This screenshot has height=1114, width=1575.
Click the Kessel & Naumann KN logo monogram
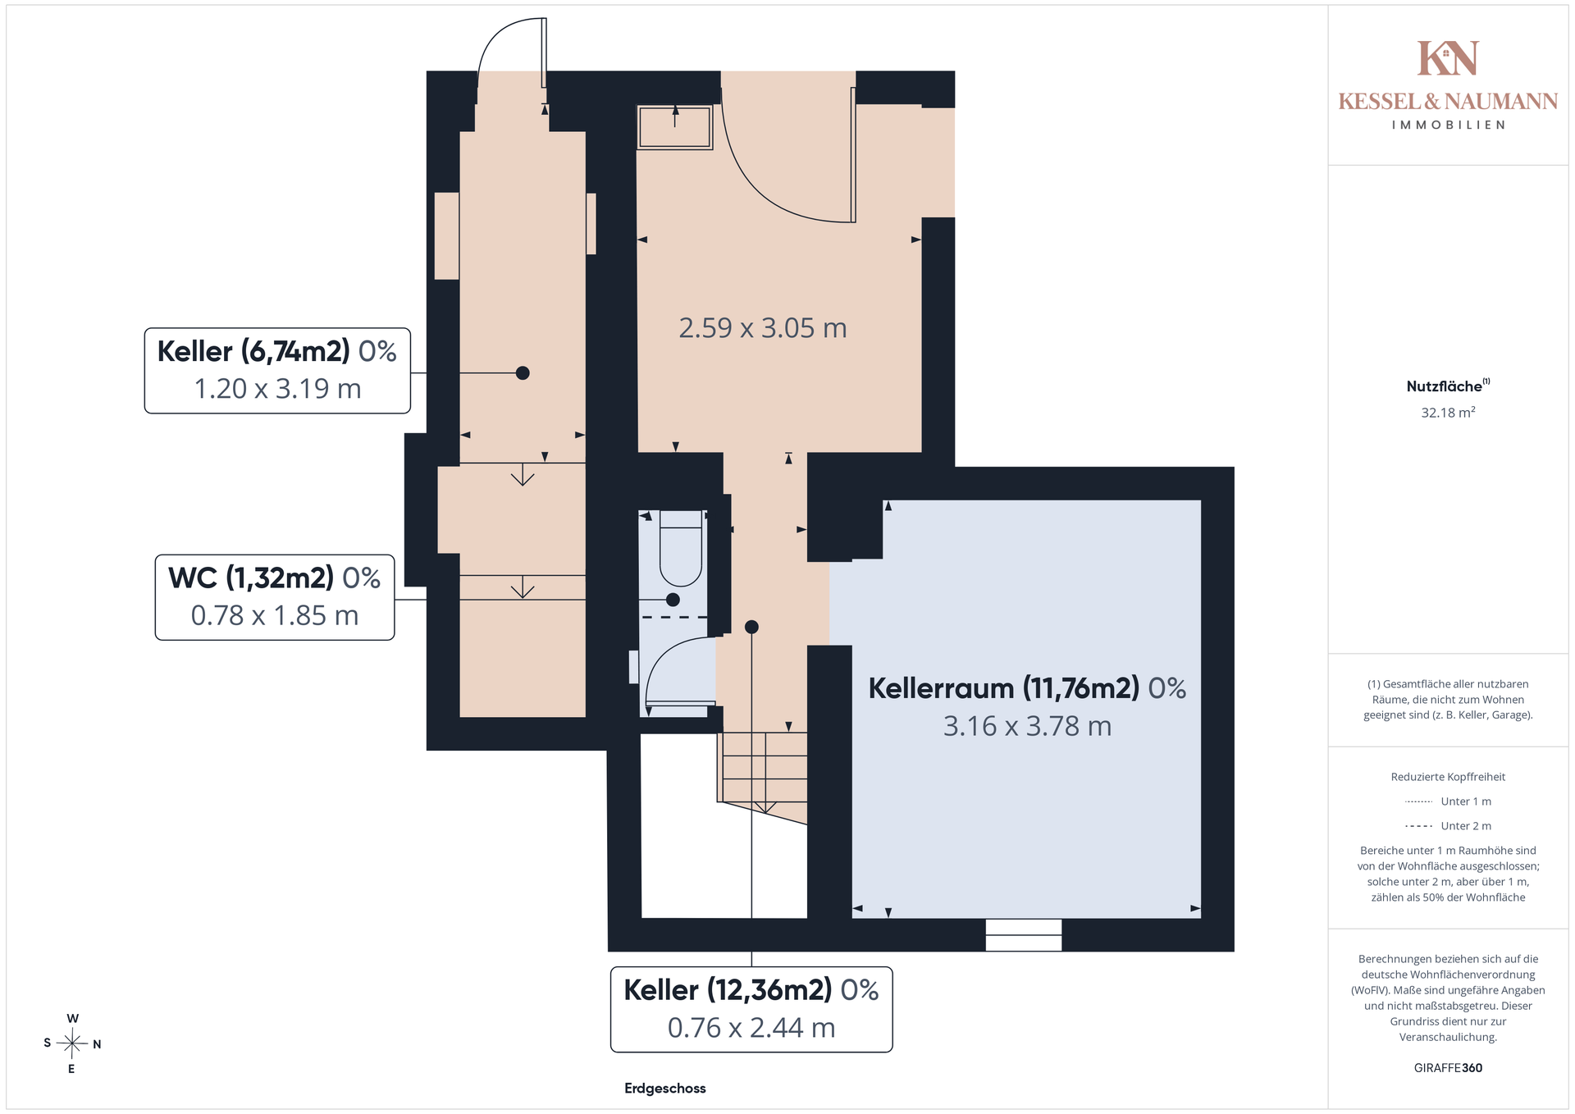[1448, 58]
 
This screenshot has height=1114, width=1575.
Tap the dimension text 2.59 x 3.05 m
[763, 328]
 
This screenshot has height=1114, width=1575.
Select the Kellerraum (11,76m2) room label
[1027, 688]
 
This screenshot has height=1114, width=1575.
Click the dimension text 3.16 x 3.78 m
[1027, 726]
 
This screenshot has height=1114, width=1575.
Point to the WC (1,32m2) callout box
[275, 597]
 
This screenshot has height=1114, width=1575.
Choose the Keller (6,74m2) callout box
[277, 371]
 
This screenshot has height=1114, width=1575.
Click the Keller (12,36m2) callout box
[751, 1009]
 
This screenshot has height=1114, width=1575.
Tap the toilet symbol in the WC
[681, 548]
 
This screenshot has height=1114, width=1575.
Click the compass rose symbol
[72, 1043]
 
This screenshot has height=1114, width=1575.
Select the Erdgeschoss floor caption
[665, 1089]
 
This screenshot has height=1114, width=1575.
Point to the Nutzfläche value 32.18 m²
[1448, 413]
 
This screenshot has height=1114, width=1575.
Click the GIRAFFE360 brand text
[1448, 1068]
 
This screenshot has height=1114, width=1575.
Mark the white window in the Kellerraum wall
[1024, 934]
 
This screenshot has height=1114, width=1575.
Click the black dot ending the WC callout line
[673, 600]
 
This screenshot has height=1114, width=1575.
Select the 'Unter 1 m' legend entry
[1448, 801]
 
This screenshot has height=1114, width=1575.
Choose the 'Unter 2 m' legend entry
[1448, 826]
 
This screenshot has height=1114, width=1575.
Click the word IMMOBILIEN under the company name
[1448, 125]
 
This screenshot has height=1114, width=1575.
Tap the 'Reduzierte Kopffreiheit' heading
[1448, 777]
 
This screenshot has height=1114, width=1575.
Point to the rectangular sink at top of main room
[674, 127]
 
